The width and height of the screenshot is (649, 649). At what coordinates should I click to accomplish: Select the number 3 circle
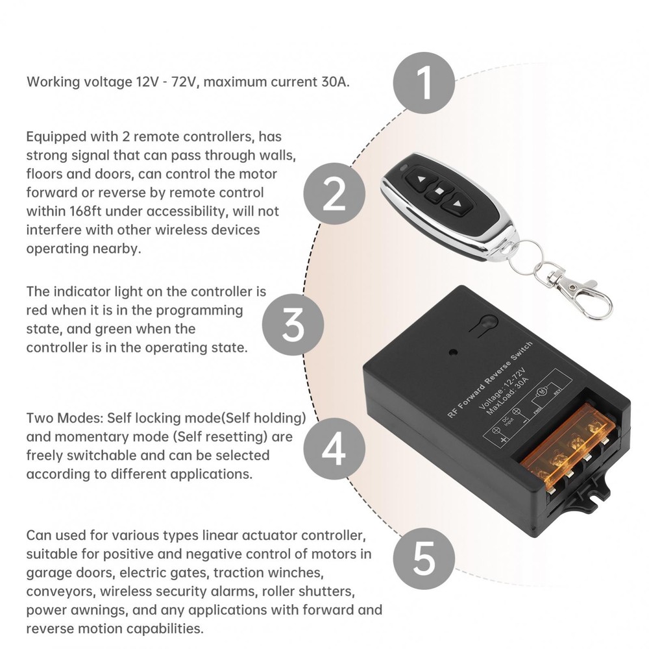click(293, 324)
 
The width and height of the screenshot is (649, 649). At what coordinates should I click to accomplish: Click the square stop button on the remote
click(439, 191)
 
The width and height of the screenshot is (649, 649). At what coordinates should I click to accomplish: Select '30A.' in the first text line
click(334, 82)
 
